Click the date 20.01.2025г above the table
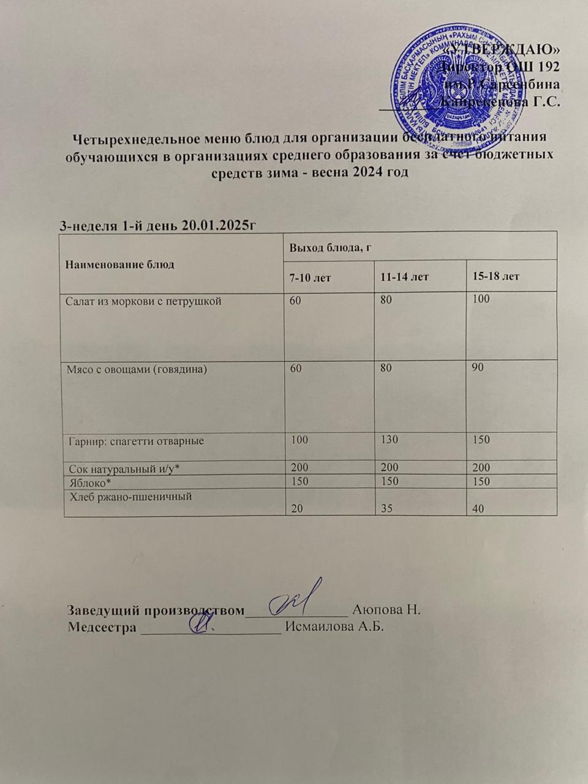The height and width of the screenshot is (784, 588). (x=219, y=225)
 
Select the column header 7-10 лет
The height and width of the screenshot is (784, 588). (x=311, y=277)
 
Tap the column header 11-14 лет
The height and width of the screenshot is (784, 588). (x=404, y=277)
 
